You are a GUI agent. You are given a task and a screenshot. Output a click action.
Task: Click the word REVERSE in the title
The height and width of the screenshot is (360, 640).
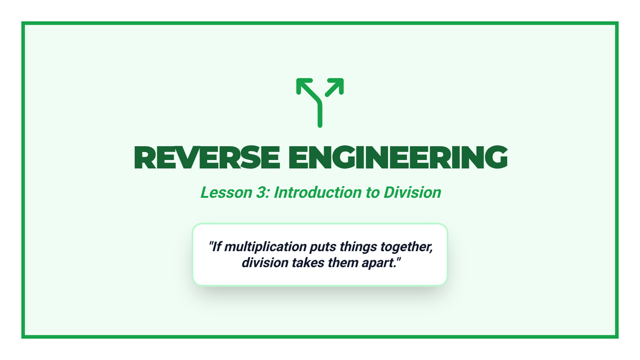click(207, 157)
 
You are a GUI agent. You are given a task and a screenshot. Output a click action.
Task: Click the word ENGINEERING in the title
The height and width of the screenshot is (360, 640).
click(398, 157)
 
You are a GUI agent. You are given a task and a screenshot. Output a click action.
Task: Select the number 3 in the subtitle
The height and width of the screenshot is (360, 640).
click(261, 193)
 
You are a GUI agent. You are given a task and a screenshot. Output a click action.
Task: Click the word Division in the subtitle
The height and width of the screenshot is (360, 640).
click(412, 193)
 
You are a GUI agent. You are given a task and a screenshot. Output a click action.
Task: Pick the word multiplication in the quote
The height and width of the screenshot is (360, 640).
click(266, 247)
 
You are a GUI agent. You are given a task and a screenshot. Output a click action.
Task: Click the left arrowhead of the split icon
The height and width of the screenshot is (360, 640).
click(303, 85)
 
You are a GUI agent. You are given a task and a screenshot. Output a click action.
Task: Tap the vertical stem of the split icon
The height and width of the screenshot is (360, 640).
click(320, 114)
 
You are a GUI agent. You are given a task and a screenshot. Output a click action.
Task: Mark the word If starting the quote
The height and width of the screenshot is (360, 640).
click(217, 247)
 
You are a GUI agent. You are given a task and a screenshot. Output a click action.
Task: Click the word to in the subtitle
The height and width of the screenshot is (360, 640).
click(373, 193)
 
